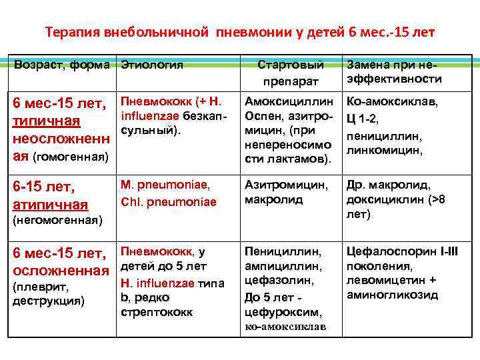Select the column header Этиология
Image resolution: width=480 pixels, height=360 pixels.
(152, 65)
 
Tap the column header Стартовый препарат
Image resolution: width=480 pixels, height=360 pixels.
(291, 72)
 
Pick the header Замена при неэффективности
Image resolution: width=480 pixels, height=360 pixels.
(393, 72)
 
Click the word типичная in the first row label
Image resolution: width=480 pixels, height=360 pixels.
(46, 121)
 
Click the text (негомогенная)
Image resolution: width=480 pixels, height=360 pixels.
(57, 221)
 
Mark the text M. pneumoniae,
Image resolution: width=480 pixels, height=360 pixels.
(165, 185)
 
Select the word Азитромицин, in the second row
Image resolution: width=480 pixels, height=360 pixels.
(286, 185)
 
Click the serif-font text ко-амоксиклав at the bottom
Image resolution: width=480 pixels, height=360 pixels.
(285, 327)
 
